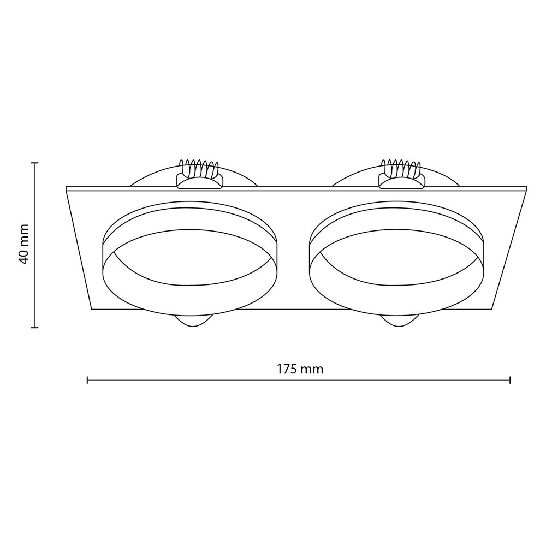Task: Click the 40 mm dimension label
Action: click(x=23, y=244)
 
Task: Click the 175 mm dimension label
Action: click(x=300, y=369)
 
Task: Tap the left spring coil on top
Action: click(x=199, y=168)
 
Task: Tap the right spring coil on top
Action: click(x=401, y=168)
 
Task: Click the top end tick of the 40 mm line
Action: click(x=34, y=163)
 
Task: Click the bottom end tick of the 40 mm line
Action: click(x=34, y=327)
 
